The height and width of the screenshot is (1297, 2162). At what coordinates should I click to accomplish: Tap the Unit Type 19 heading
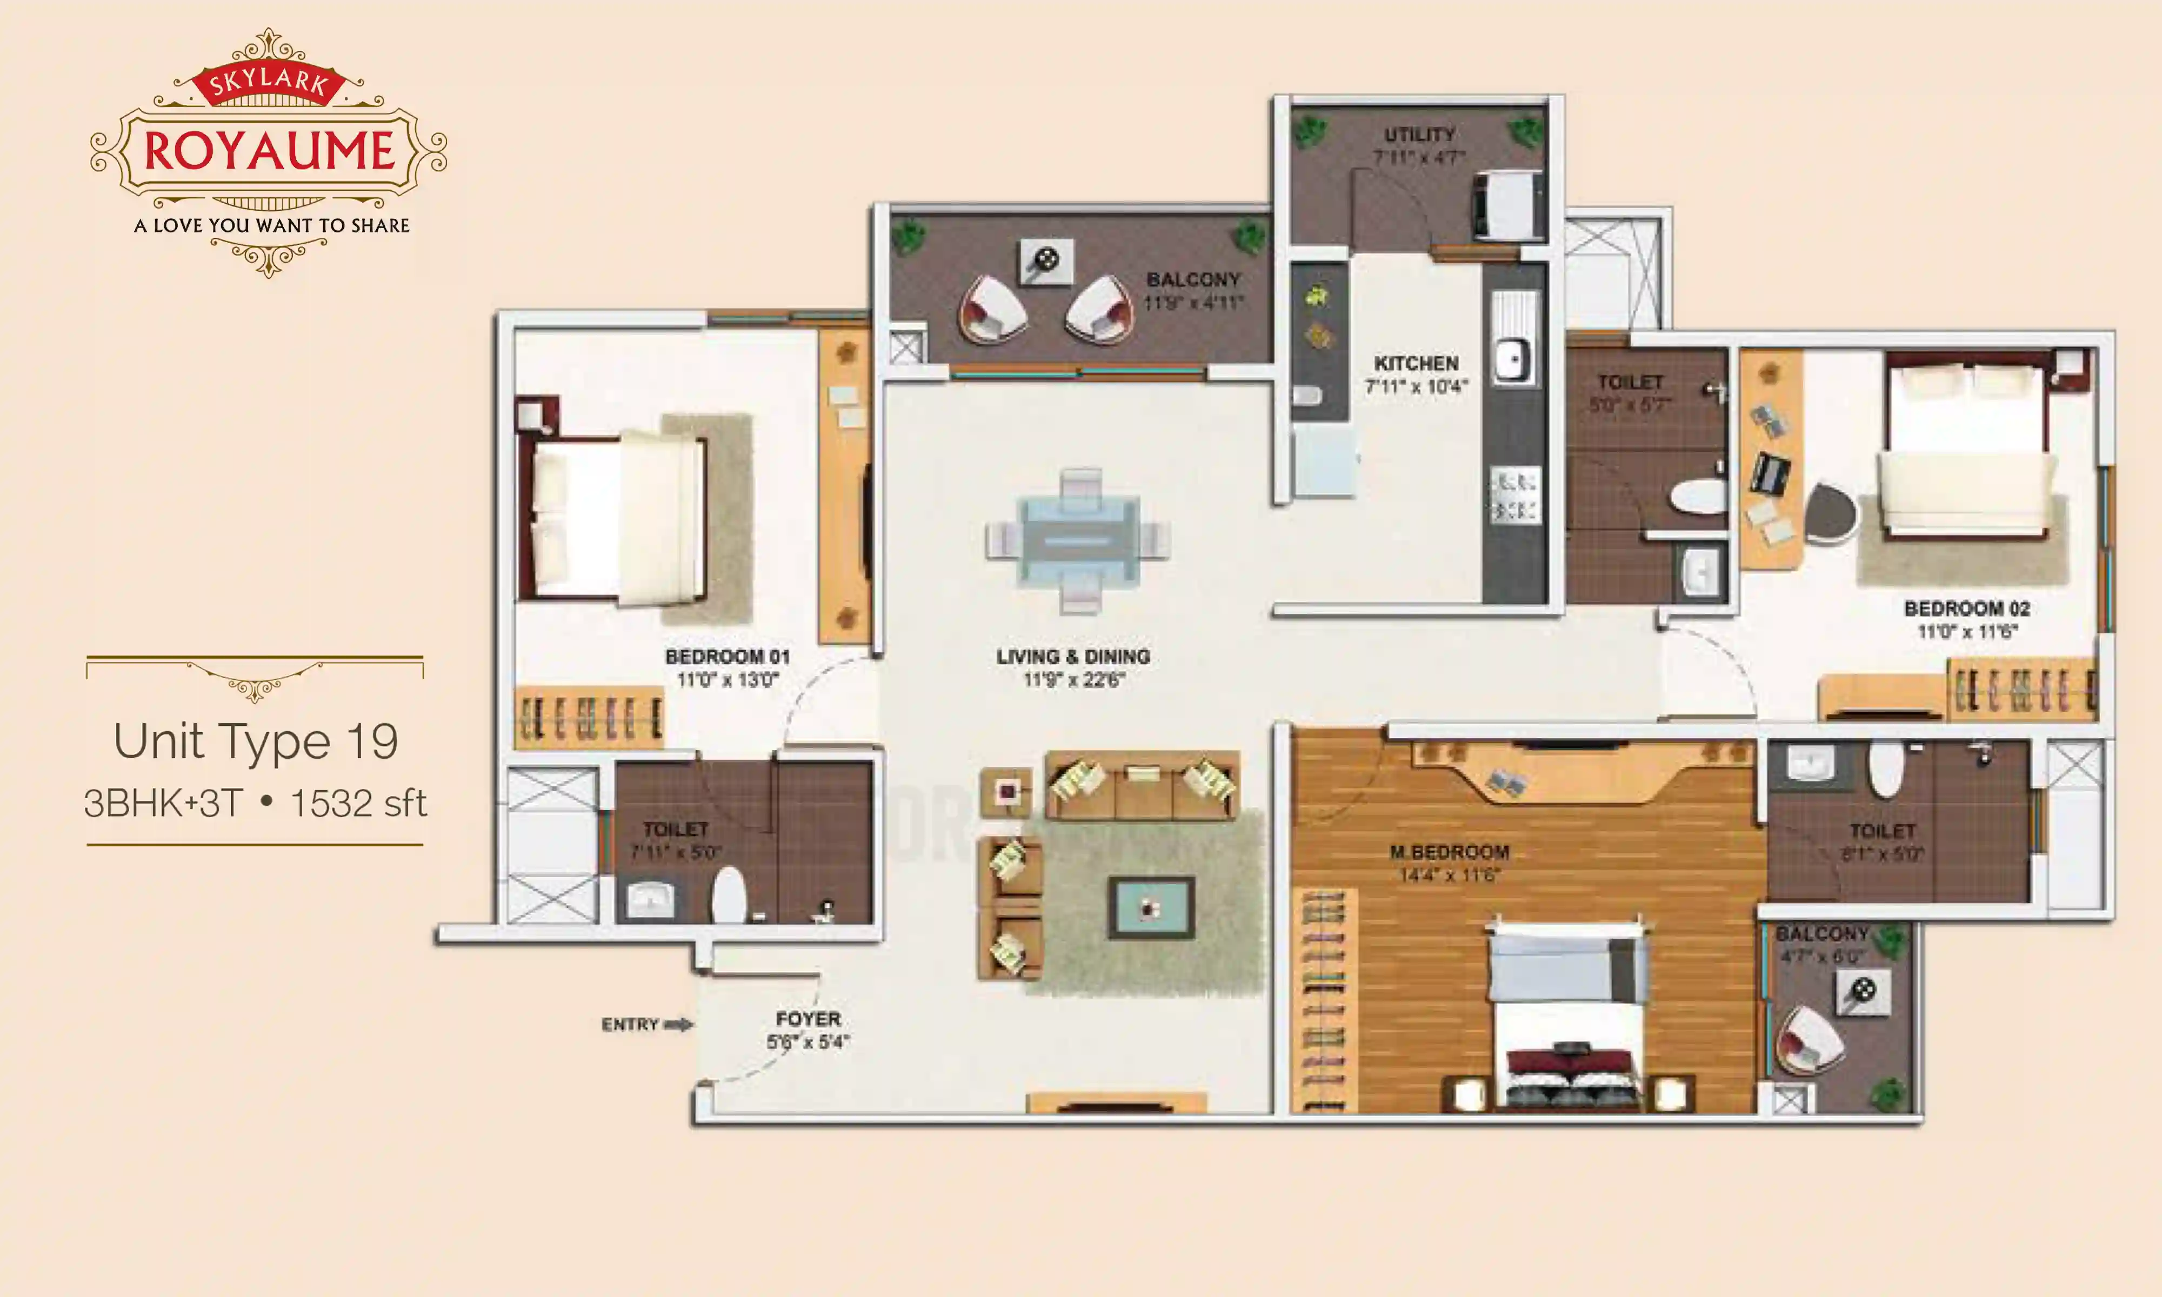(x=255, y=741)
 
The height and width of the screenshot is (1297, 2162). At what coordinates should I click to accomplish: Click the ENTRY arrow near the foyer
(x=678, y=1024)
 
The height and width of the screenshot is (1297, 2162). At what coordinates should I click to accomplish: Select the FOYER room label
(x=809, y=1019)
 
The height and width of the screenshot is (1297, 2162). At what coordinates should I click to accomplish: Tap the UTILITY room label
(x=1419, y=135)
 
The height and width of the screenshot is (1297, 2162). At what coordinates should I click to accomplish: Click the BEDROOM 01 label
(x=727, y=657)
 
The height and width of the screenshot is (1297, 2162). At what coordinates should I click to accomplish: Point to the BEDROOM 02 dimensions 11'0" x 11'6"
(x=1966, y=631)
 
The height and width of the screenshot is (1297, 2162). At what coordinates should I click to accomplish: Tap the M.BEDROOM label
(x=1450, y=852)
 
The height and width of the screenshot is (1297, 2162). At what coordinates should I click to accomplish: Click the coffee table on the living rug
(x=1151, y=908)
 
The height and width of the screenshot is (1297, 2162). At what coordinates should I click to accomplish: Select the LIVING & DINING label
(x=1073, y=657)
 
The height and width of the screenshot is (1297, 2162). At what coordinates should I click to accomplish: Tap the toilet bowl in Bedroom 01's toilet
(x=729, y=895)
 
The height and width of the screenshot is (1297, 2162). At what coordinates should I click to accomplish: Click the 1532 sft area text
(x=358, y=803)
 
